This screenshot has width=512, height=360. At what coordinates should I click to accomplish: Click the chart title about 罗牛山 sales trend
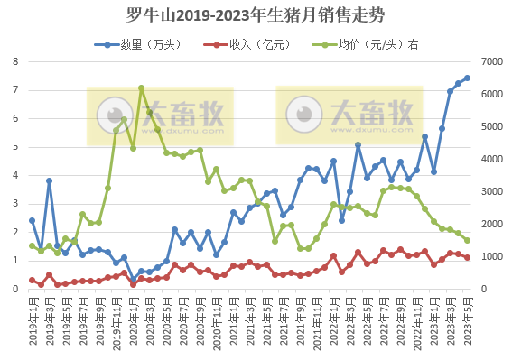coord(256,15)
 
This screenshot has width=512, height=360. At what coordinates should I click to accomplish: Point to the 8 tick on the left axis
coord(15,61)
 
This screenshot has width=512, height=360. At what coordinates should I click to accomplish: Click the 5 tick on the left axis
coord(15,147)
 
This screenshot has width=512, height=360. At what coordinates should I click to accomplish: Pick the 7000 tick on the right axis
coord(492,61)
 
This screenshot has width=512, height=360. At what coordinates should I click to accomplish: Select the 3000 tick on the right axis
coord(492,191)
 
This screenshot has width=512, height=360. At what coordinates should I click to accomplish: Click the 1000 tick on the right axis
coord(492,257)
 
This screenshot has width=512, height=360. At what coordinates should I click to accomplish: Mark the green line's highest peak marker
coord(142,88)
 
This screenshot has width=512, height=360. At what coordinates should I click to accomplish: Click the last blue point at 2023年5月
coord(467,78)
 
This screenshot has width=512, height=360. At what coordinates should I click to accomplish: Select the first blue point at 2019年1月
coord(32,220)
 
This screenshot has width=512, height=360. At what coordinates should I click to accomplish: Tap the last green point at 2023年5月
coord(467,240)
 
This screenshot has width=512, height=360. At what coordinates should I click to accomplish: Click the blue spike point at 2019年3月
coord(49,180)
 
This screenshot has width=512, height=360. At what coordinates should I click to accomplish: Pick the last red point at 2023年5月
coord(467,258)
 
